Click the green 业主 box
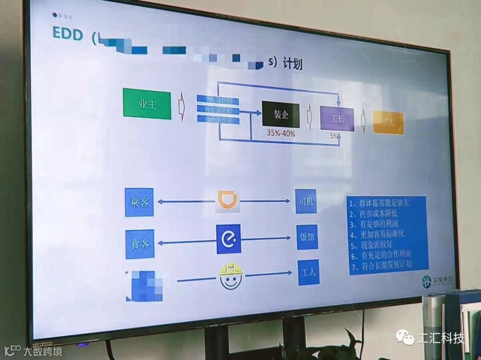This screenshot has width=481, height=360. [x=147, y=104]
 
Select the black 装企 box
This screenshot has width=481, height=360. [x=281, y=115]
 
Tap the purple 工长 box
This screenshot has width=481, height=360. [x=337, y=119]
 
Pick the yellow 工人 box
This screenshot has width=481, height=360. [x=388, y=123]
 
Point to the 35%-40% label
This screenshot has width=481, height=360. [x=281, y=133]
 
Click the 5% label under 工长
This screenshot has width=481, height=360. [x=334, y=136]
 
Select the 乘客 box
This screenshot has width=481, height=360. [x=139, y=202]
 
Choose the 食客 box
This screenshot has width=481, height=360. [x=140, y=244]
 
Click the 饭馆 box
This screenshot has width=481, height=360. [x=307, y=237]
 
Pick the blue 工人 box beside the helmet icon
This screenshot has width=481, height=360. [x=308, y=272]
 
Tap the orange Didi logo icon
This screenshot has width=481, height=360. [x=228, y=201]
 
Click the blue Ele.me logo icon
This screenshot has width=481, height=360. [x=228, y=239]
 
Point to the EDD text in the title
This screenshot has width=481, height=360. [x=68, y=34]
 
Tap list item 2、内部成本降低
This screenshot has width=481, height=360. [x=376, y=213]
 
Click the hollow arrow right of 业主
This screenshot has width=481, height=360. [x=182, y=109]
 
